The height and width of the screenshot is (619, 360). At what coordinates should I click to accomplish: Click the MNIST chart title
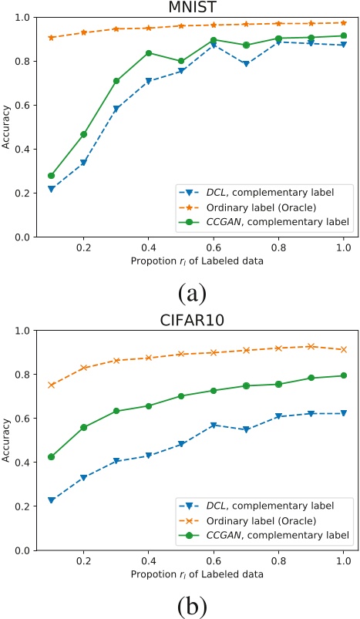(x=191, y=7)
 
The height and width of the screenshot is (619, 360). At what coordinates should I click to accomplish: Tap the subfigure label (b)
(x=191, y=604)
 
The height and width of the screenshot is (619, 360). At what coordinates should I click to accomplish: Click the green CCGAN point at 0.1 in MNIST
(x=52, y=176)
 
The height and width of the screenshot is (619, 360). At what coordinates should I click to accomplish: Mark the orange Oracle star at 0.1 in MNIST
(x=52, y=37)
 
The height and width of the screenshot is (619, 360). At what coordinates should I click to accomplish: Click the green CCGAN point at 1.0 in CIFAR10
(x=343, y=375)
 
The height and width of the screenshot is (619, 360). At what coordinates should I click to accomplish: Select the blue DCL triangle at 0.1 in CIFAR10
(x=52, y=500)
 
